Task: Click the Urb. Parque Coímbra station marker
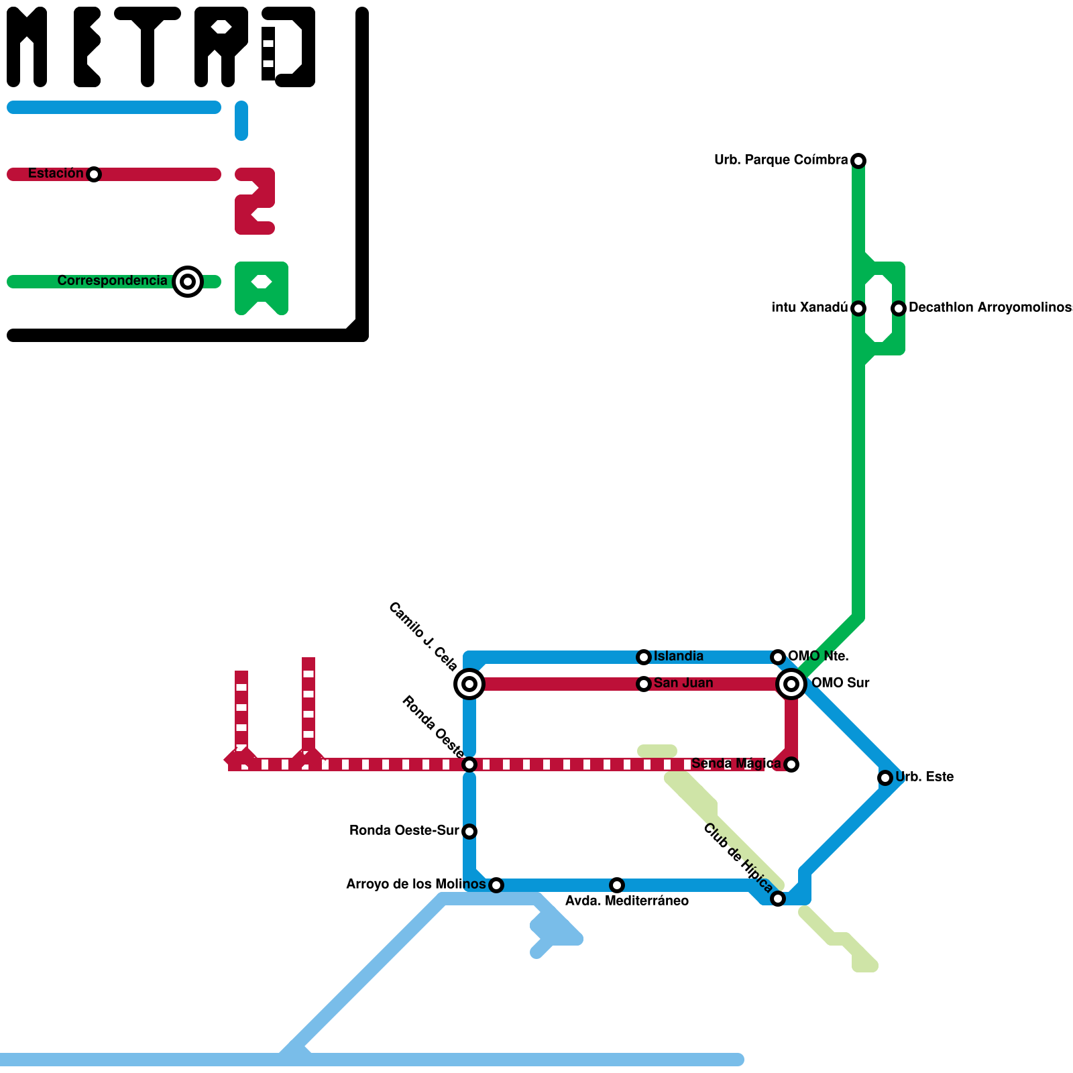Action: [858, 161]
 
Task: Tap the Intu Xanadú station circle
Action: [858, 308]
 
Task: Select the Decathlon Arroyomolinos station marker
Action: [899, 308]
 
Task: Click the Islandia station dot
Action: [644, 657]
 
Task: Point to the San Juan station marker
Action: [644, 684]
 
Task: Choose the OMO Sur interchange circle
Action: [791, 684]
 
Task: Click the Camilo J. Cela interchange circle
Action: [469, 684]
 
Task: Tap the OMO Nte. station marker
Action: [778, 657]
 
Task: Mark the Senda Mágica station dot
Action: [791, 765]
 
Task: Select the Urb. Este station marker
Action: [885, 778]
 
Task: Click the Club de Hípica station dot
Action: [778, 899]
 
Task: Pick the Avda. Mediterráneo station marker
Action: [617, 885]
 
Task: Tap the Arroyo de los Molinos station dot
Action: [496, 885]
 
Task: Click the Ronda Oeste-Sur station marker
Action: [469, 832]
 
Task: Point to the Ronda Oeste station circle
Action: [469, 765]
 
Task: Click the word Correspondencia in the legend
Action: [112, 281]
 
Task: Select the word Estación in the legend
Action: [56, 174]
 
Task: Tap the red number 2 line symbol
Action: [255, 201]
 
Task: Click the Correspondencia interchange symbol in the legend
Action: [188, 282]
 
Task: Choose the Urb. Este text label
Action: [924, 777]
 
